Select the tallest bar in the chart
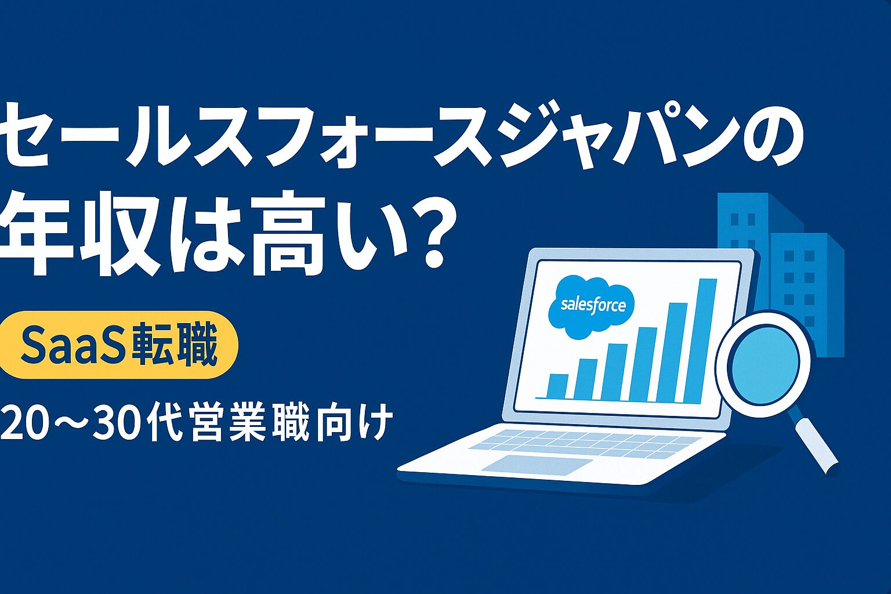(x=700, y=341)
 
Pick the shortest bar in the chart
(x=557, y=386)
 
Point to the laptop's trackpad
(x=537, y=464)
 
